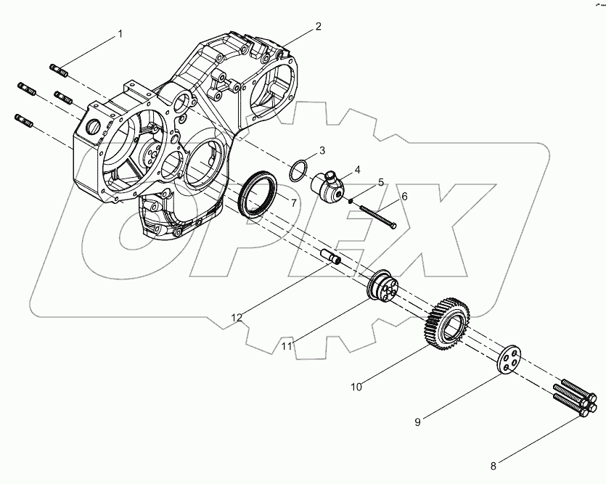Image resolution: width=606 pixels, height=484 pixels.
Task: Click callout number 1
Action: (x=120, y=34)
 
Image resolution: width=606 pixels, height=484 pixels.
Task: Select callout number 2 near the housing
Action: (x=318, y=26)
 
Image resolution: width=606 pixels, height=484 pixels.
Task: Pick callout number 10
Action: (x=356, y=387)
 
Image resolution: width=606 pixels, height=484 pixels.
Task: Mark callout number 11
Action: (x=287, y=347)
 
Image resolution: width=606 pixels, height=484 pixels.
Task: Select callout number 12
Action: (x=236, y=317)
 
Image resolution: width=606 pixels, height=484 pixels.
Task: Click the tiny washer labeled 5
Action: (x=350, y=201)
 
